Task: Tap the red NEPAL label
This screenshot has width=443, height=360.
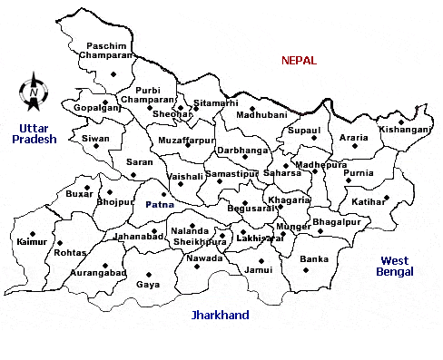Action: point(299,61)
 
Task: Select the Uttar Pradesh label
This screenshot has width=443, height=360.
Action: point(33,133)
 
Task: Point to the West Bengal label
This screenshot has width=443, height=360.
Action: point(397,266)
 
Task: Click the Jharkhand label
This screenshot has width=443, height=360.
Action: point(220,316)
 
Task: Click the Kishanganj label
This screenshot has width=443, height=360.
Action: point(404,130)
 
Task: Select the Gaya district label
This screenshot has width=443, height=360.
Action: point(148,285)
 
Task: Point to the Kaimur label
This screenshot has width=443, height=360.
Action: point(31,242)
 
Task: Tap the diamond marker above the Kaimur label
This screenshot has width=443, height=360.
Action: point(33,232)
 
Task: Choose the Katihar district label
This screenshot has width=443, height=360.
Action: point(369,202)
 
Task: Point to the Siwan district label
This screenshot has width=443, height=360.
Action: point(95,139)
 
